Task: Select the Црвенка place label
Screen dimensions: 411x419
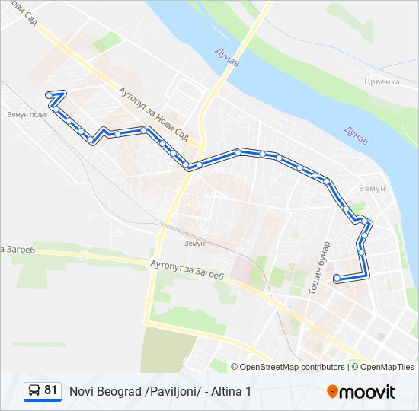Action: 381,81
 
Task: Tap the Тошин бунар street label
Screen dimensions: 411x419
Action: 318,268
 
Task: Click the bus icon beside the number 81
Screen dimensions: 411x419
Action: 34,390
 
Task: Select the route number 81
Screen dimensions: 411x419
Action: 51,390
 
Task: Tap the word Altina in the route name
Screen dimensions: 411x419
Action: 226,391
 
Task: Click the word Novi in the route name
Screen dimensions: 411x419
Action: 82,391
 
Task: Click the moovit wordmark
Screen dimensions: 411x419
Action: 367,392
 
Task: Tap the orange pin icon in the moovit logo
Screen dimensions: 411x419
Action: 332,391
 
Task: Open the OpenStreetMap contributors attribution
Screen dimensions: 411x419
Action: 293,367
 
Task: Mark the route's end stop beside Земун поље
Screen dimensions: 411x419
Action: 49,94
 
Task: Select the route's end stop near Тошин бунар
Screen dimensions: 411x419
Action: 337,279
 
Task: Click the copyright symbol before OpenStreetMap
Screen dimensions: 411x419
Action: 235,367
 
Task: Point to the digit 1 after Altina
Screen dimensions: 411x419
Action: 248,391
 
